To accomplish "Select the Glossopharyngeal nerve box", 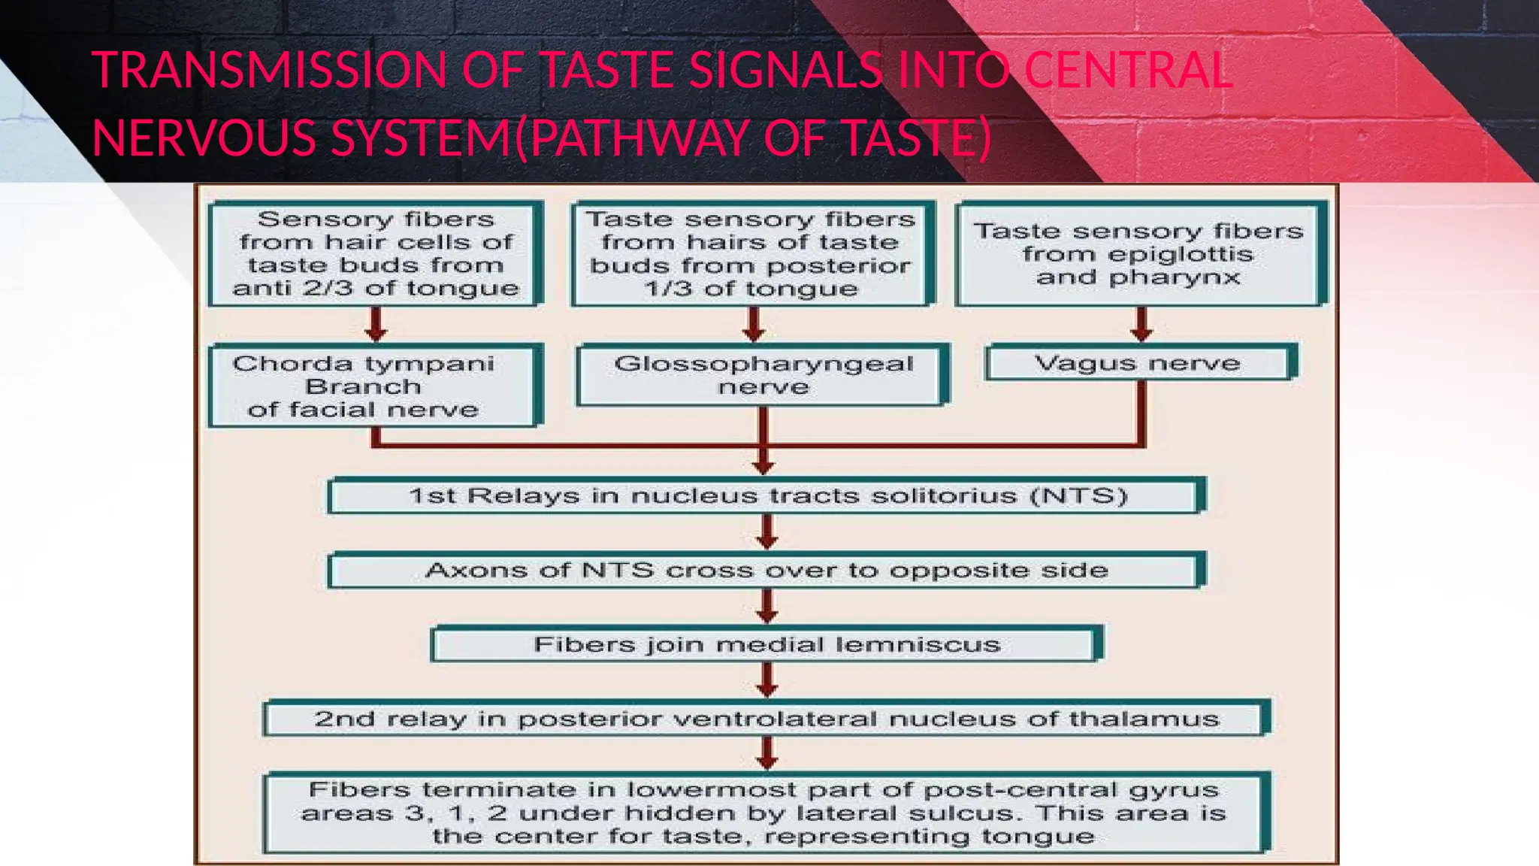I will point(763,375).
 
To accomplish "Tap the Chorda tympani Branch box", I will point(373,386).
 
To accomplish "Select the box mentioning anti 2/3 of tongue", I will point(374,254).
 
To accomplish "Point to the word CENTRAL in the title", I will point(1127,71).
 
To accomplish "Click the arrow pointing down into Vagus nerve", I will point(1141,325).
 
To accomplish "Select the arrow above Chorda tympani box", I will point(376,325).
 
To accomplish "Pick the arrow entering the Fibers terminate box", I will point(766,753).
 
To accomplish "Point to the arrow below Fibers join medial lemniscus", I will point(766,680).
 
